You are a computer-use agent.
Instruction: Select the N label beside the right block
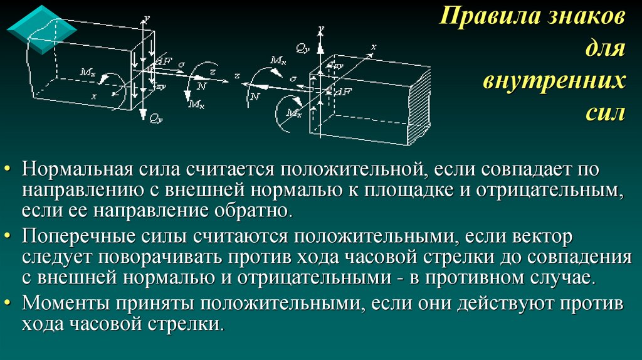pos(254,96)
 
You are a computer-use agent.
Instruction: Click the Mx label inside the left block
pos(87,73)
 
